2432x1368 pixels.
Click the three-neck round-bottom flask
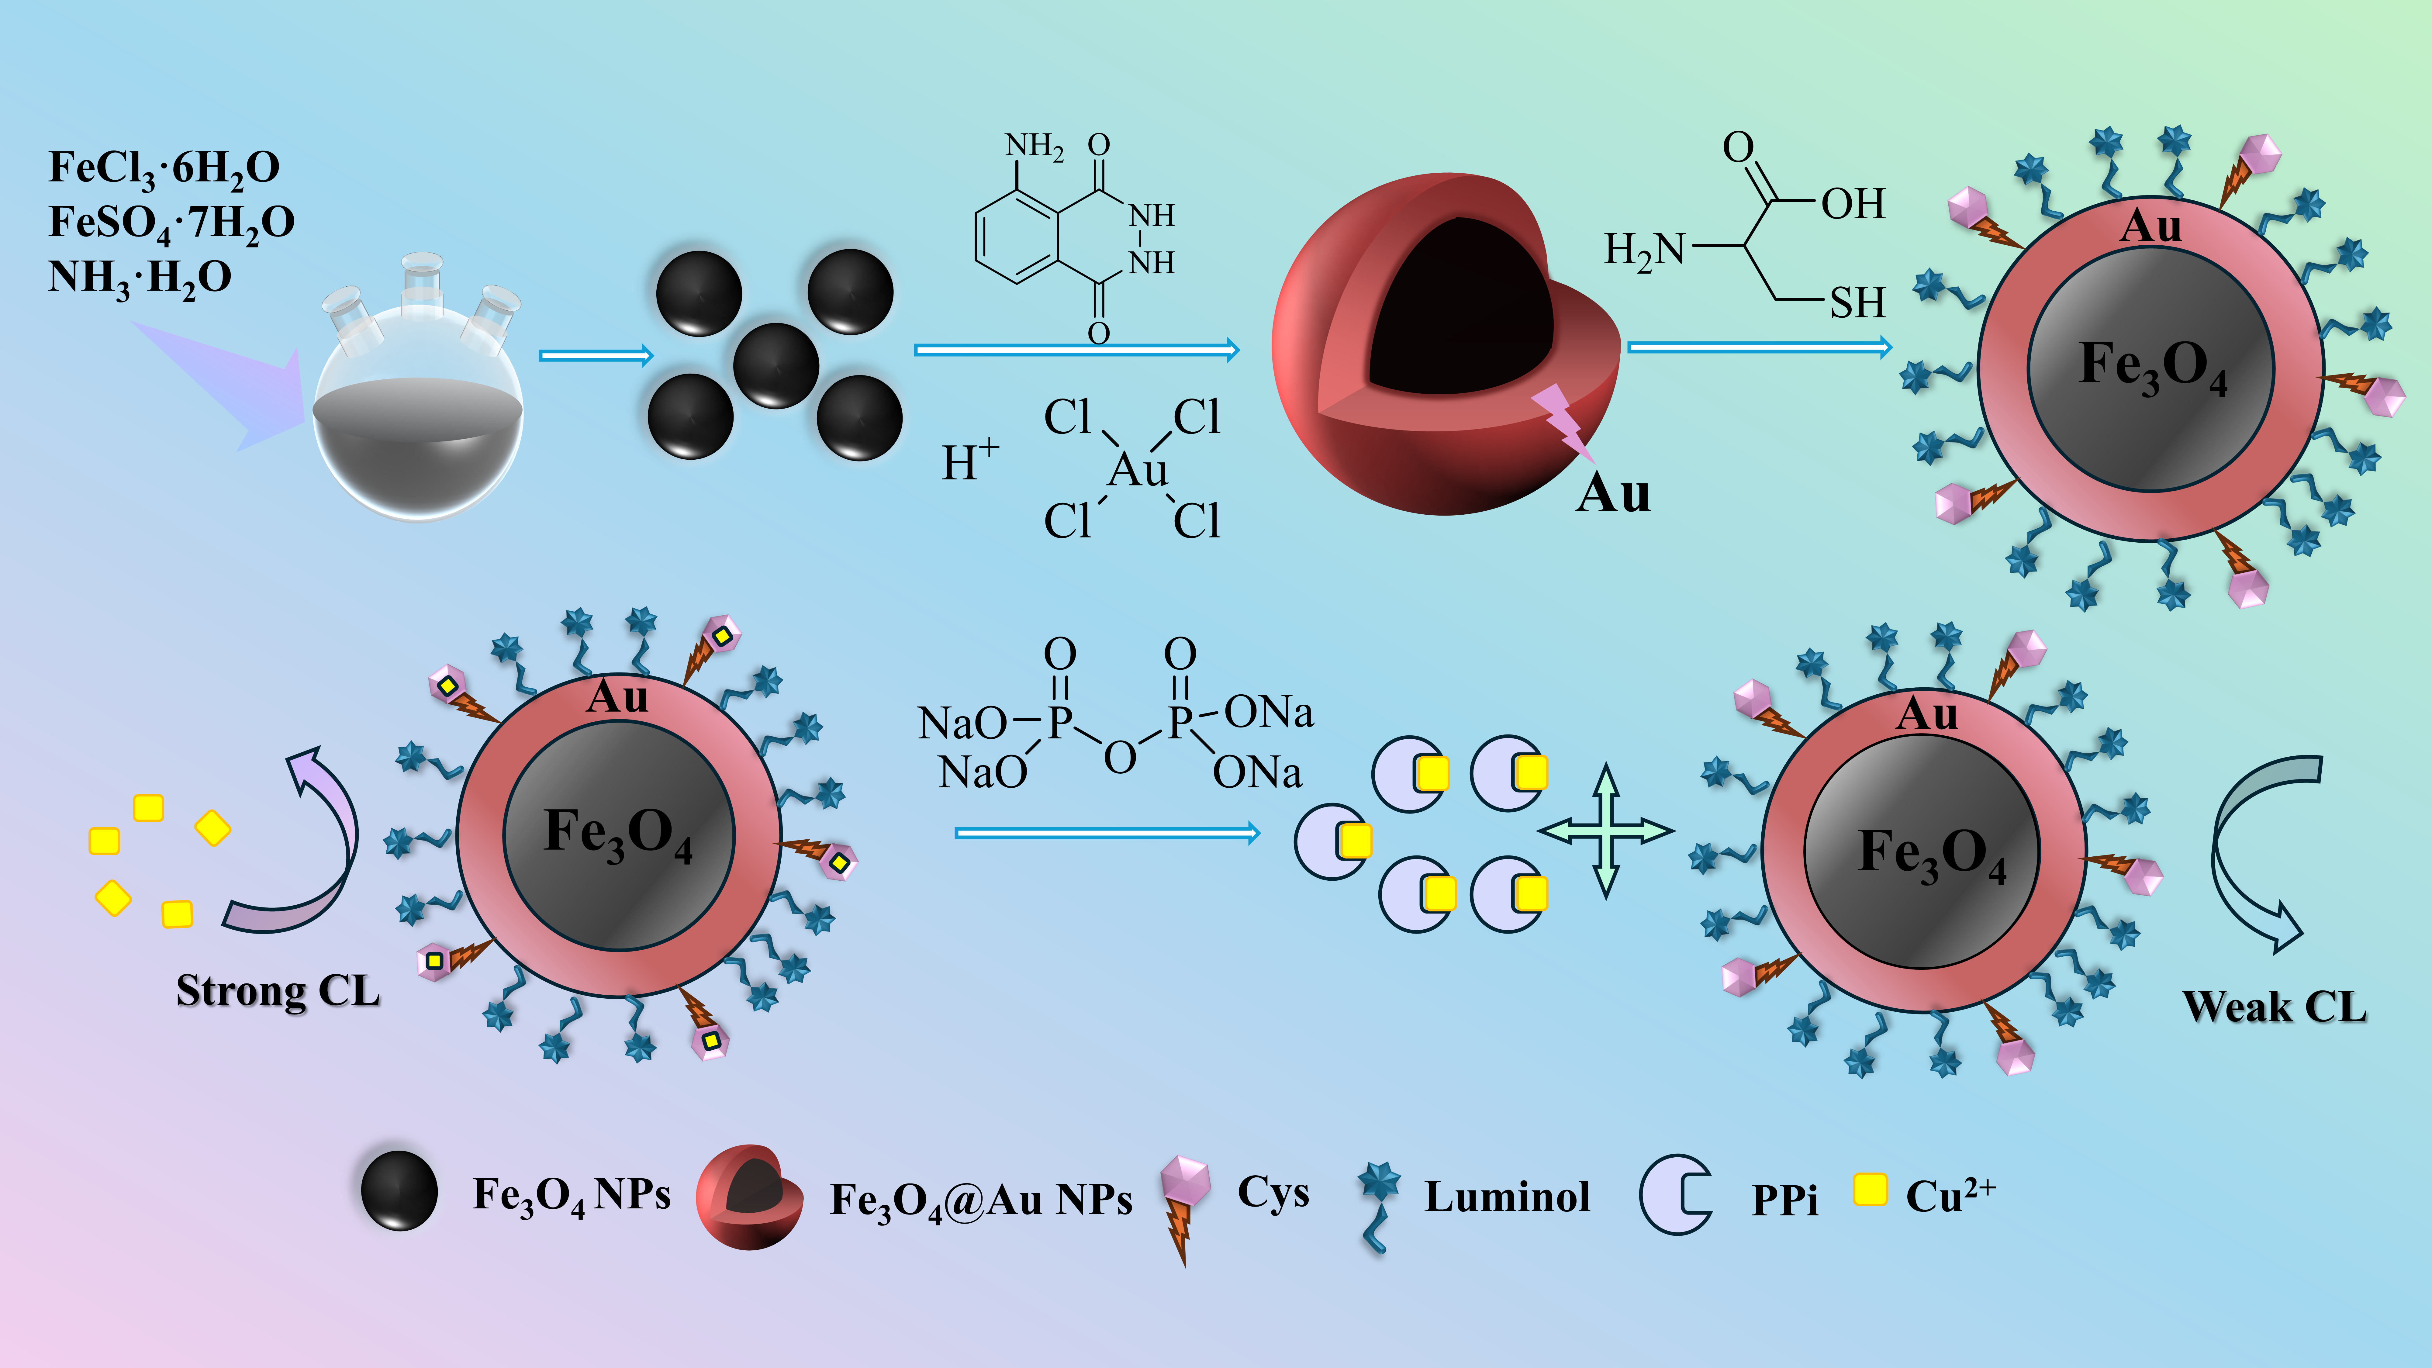(418, 406)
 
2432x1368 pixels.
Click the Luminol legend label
(1507, 1197)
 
